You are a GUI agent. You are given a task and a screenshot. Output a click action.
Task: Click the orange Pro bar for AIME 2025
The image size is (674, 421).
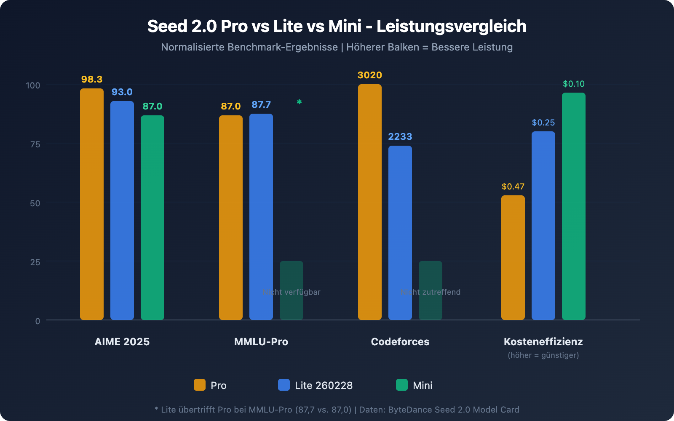(x=92, y=204)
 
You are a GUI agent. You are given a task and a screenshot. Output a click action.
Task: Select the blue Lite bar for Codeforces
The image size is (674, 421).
(x=400, y=233)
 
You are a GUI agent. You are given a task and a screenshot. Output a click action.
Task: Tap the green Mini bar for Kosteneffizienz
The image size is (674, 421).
(x=574, y=206)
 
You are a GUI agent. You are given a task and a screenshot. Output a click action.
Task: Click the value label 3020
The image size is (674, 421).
(x=369, y=75)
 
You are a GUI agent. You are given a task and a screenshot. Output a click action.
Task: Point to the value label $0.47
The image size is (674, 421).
(x=513, y=187)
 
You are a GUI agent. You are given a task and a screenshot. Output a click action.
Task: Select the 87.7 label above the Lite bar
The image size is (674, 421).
(x=261, y=105)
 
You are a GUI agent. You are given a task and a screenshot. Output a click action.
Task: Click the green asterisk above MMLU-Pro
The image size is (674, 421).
(x=299, y=102)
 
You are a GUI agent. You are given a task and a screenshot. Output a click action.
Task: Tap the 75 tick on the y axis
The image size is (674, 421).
(x=35, y=144)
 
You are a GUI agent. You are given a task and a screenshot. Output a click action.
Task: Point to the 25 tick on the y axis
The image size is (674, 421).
(x=35, y=262)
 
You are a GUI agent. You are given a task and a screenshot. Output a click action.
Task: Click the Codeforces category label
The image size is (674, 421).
(x=400, y=342)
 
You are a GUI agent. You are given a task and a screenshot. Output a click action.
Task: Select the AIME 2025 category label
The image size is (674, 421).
(x=122, y=342)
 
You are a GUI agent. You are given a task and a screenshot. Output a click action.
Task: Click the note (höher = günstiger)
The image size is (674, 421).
(x=543, y=355)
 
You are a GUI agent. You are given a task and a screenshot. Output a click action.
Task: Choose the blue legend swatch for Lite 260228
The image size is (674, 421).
(x=284, y=385)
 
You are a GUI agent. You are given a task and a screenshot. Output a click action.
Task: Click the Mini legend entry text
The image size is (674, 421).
(x=423, y=386)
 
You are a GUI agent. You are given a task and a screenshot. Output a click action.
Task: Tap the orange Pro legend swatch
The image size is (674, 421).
(x=200, y=385)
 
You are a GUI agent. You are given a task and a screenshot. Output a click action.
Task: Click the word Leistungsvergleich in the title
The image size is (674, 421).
(x=451, y=27)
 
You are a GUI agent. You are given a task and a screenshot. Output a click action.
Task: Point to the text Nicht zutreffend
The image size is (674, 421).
(x=431, y=292)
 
